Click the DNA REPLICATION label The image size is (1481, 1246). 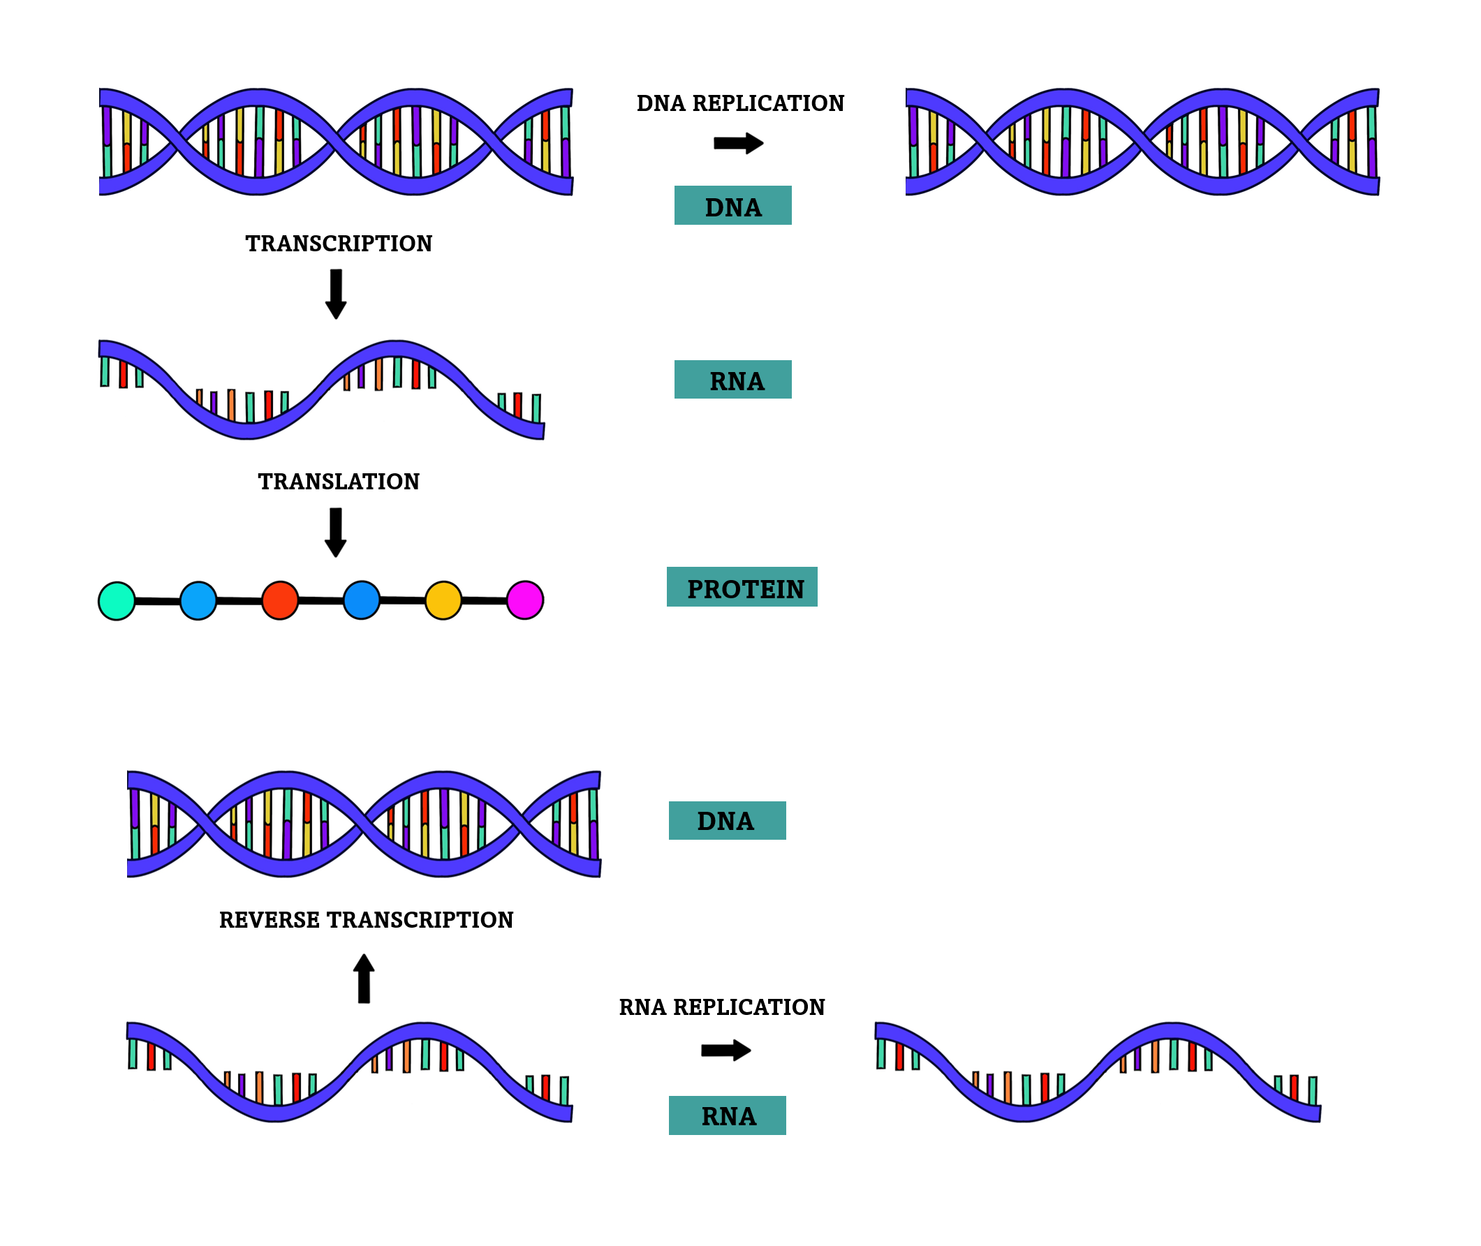click(x=739, y=104)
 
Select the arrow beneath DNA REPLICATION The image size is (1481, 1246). click(x=737, y=143)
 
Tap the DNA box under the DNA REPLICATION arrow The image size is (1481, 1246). click(x=732, y=205)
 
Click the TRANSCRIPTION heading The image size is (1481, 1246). click(x=339, y=244)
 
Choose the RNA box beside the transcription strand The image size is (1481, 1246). click(x=732, y=380)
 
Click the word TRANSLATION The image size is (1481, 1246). click(x=339, y=482)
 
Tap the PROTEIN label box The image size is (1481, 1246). click(x=742, y=587)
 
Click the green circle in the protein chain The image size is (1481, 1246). click(x=117, y=601)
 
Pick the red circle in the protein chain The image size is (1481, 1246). click(x=280, y=600)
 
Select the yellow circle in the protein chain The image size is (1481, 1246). click(x=443, y=600)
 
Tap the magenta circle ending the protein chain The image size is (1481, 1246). click(x=525, y=600)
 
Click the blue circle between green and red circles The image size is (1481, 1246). click(x=198, y=601)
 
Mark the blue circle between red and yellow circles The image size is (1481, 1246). click(x=362, y=600)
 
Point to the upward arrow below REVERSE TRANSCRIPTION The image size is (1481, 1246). click(x=364, y=978)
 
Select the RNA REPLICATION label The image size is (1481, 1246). click(x=721, y=1007)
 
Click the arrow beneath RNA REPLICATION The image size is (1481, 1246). click(x=725, y=1051)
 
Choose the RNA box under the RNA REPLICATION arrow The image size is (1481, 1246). click(x=727, y=1116)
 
